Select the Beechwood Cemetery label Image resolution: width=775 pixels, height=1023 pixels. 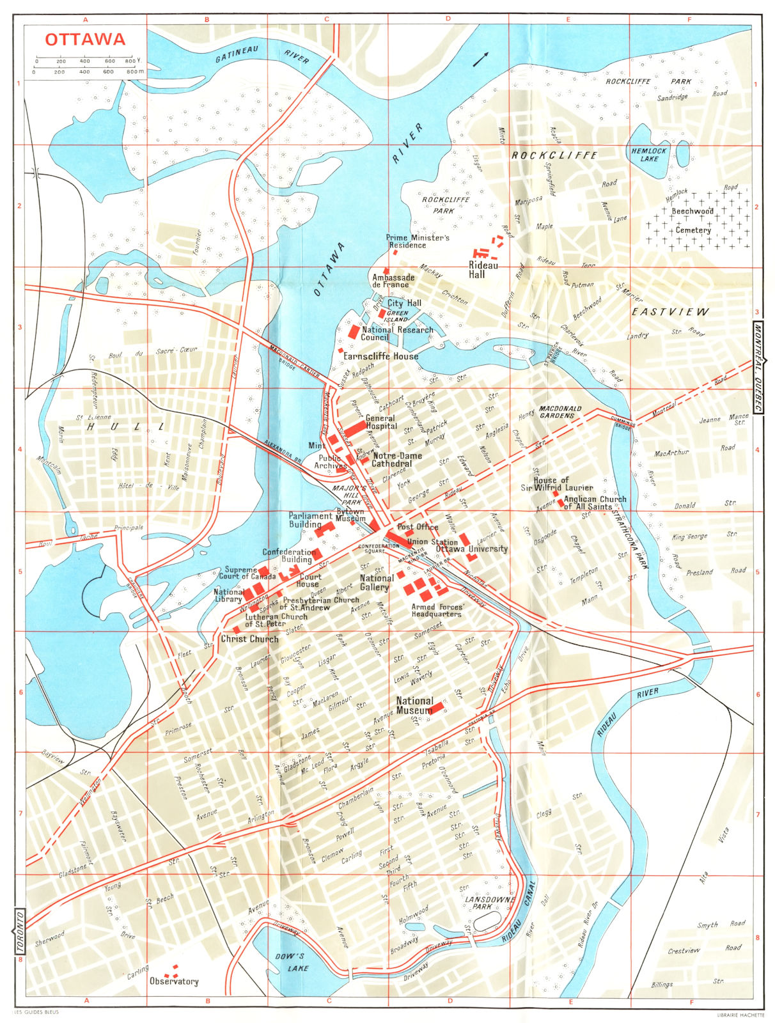[x=693, y=221]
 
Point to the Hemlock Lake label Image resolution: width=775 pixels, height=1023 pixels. [x=649, y=155]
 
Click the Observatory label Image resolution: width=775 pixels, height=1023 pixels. [x=174, y=981]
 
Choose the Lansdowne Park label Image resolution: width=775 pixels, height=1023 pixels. [x=487, y=903]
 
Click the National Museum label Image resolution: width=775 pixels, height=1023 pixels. [x=414, y=705]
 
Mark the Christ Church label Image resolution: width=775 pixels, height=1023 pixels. [x=249, y=639]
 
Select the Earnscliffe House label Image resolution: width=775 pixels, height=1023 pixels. [x=380, y=356]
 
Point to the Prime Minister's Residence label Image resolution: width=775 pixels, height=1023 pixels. [x=418, y=241]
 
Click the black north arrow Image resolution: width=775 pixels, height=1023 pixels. [x=480, y=59]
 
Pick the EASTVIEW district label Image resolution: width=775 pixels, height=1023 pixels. [x=670, y=312]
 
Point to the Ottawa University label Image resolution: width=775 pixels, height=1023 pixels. [x=472, y=549]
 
